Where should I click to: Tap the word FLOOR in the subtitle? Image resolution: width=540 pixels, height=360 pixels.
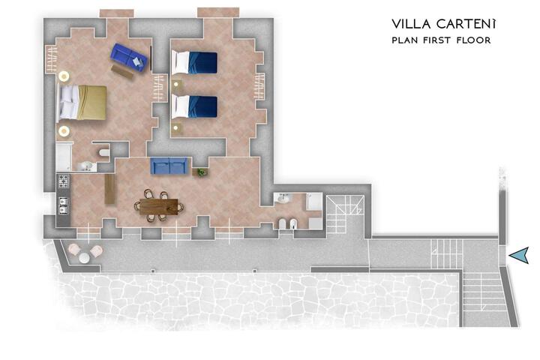[x=473, y=40]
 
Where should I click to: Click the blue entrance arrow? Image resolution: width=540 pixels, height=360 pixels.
[x=519, y=255]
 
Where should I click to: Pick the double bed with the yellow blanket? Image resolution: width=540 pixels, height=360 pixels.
[x=82, y=103]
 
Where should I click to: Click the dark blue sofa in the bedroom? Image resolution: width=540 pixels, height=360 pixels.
[x=129, y=57]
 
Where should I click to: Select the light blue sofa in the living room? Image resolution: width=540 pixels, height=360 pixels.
[x=169, y=166]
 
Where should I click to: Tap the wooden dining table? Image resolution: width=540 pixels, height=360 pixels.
[x=159, y=206]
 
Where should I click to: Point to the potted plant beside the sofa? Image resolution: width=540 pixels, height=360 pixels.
[x=202, y=172]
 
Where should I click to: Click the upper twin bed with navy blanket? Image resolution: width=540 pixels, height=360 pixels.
[x=194, y=63]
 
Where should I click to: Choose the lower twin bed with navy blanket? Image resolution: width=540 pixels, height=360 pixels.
[x=194, y=106]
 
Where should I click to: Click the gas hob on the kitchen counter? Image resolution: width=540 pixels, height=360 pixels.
[x=64, y=181]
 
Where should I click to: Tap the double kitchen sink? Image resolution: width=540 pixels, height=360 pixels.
[x=63, y=205]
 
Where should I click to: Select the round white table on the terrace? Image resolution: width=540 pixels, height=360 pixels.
[x=84, y=258]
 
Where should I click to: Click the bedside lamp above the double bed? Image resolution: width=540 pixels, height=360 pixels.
[x=64, y=76]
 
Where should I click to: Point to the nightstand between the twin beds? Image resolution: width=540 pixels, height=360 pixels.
[x=177, y=84]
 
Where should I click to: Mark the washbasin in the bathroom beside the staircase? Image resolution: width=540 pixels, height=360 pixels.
[x=283, y=199]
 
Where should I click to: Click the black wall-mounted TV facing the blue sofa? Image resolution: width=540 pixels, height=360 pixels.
[x=151, y=58]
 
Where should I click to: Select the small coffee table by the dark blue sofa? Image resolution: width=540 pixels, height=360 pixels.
[x=122, y=72]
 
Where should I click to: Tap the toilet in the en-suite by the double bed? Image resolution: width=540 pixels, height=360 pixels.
[x=104, y=153]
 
